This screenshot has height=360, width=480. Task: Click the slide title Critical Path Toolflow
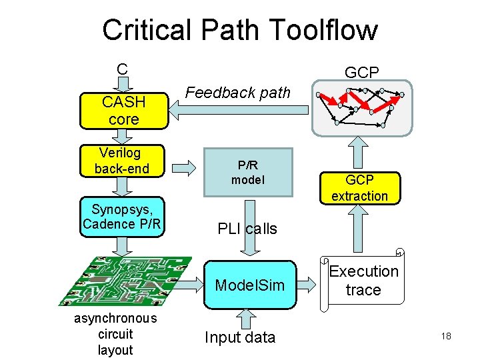(x=239, y=30)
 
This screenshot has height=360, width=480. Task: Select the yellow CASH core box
(x=123, y=111)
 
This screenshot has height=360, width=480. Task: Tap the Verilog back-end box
(x=122, y=161)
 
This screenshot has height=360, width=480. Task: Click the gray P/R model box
(x=247, y=173)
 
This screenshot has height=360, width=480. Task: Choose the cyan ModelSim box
(x=249, y=285)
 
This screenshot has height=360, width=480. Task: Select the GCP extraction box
(x=359, y=188)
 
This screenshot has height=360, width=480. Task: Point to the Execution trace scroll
(x=363, y=281)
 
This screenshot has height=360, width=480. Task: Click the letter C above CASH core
(x=122, y=69)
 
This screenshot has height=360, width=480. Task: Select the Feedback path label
(x=238, y=93)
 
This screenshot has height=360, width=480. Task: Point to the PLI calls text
(x=247, y=229)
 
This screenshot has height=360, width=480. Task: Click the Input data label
(x=240, y=337)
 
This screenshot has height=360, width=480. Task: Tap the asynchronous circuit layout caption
(x=115, y=334)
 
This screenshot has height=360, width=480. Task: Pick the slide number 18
(x=446, y=336)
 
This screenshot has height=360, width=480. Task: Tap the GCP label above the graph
(x=361, y=73)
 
